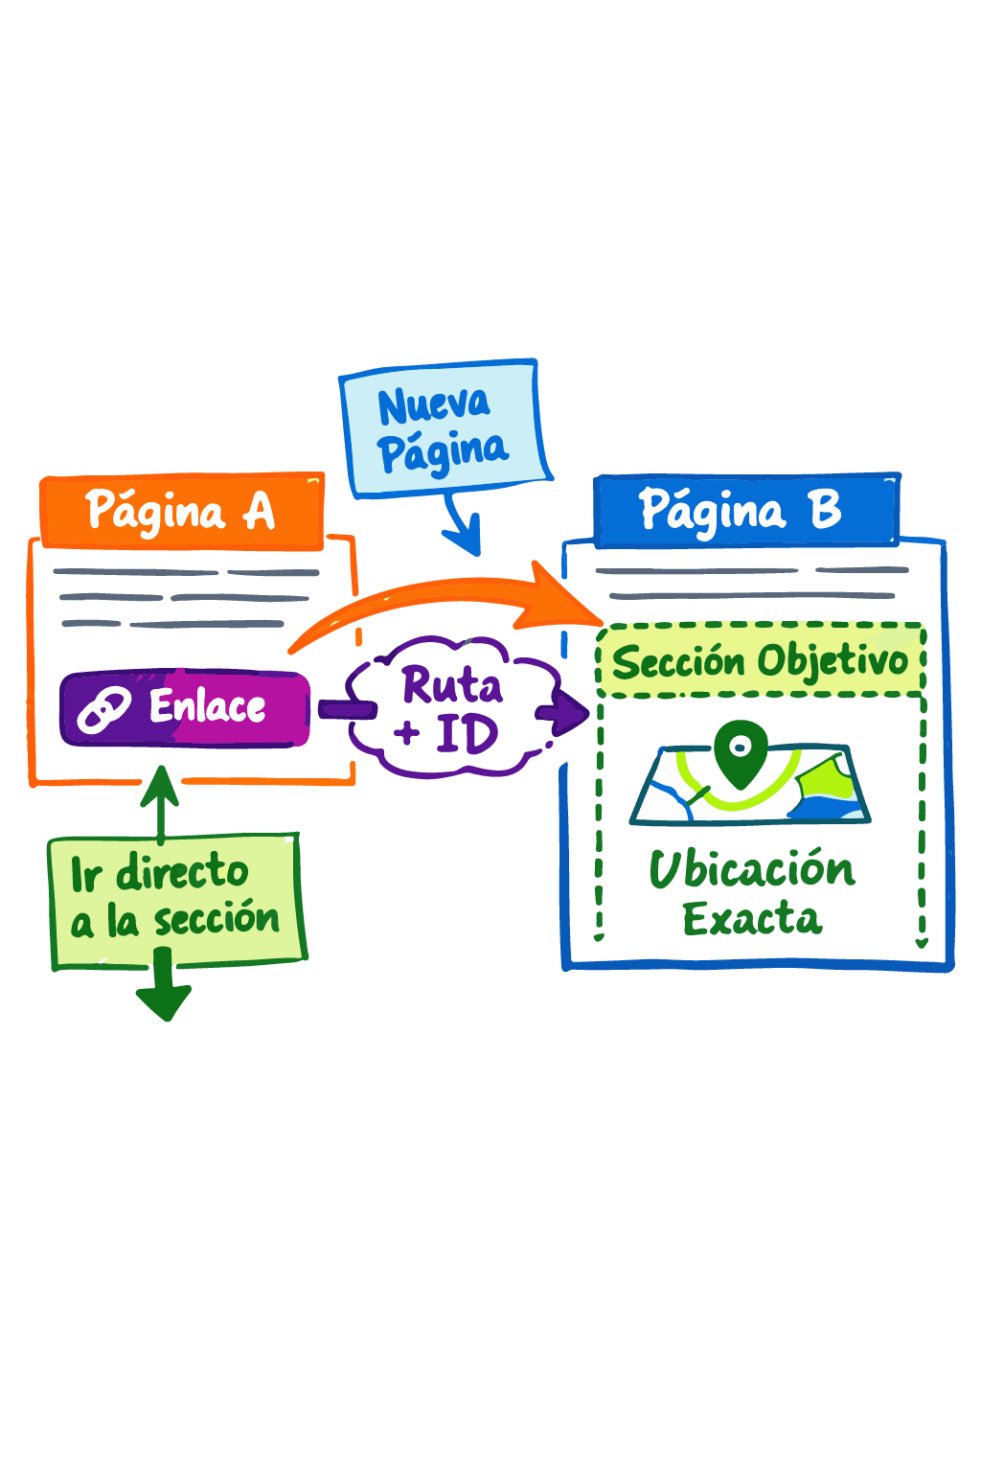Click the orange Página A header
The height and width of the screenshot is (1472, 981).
(x=182, y=512)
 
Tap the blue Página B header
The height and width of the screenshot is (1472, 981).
(x=745, y=511)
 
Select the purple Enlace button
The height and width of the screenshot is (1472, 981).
(x=185, y=708)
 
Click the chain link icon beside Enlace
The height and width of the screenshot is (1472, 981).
(x=103, y=710)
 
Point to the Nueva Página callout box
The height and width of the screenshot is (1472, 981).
(x=443, y=428)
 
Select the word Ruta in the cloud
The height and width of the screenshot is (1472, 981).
(x=451, y=685)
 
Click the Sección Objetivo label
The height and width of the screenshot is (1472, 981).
(x=761, y=660)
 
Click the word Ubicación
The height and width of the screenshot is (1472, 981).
(x=752, y=869)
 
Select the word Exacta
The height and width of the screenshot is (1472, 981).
(x=752, y=919)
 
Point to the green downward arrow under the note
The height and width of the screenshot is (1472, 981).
(x=164, y=992)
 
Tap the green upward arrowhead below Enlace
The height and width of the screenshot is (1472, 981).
(x=161, y=784)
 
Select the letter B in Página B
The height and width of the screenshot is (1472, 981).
(x=825, y=510)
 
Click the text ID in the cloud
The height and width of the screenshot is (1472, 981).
(x=467, y=735)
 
